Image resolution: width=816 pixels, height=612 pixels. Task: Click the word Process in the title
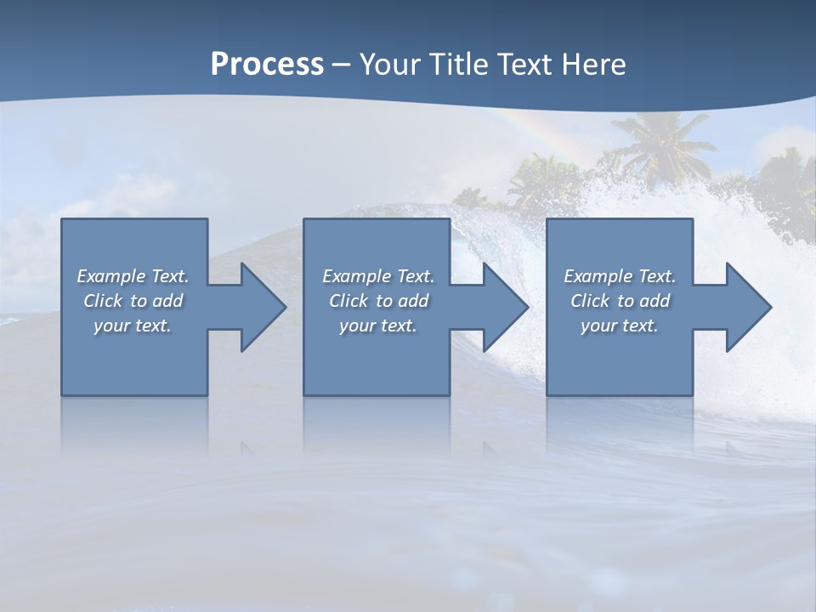click(x=267, y=65)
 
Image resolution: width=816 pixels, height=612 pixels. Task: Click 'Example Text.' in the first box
click(x=133, y=276)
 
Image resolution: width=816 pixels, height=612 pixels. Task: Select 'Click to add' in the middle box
click(x=378, y=301)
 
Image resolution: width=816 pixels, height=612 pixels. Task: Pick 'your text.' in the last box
click(x=619, y=326)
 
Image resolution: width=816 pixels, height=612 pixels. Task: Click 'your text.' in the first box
click(x=133, y=326)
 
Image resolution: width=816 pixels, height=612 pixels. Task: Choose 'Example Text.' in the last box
click(x=620, y=276)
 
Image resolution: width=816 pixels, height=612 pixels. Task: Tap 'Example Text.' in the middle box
click(x=378, y=276)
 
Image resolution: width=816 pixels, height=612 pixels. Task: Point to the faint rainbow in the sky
click(x=528, y=127)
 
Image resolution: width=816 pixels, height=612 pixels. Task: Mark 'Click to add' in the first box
click(x=133, y=301)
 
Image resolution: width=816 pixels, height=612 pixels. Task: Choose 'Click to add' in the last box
click(x=620, y=301)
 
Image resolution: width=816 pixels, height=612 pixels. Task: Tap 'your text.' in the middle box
click(x=378, y=326)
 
